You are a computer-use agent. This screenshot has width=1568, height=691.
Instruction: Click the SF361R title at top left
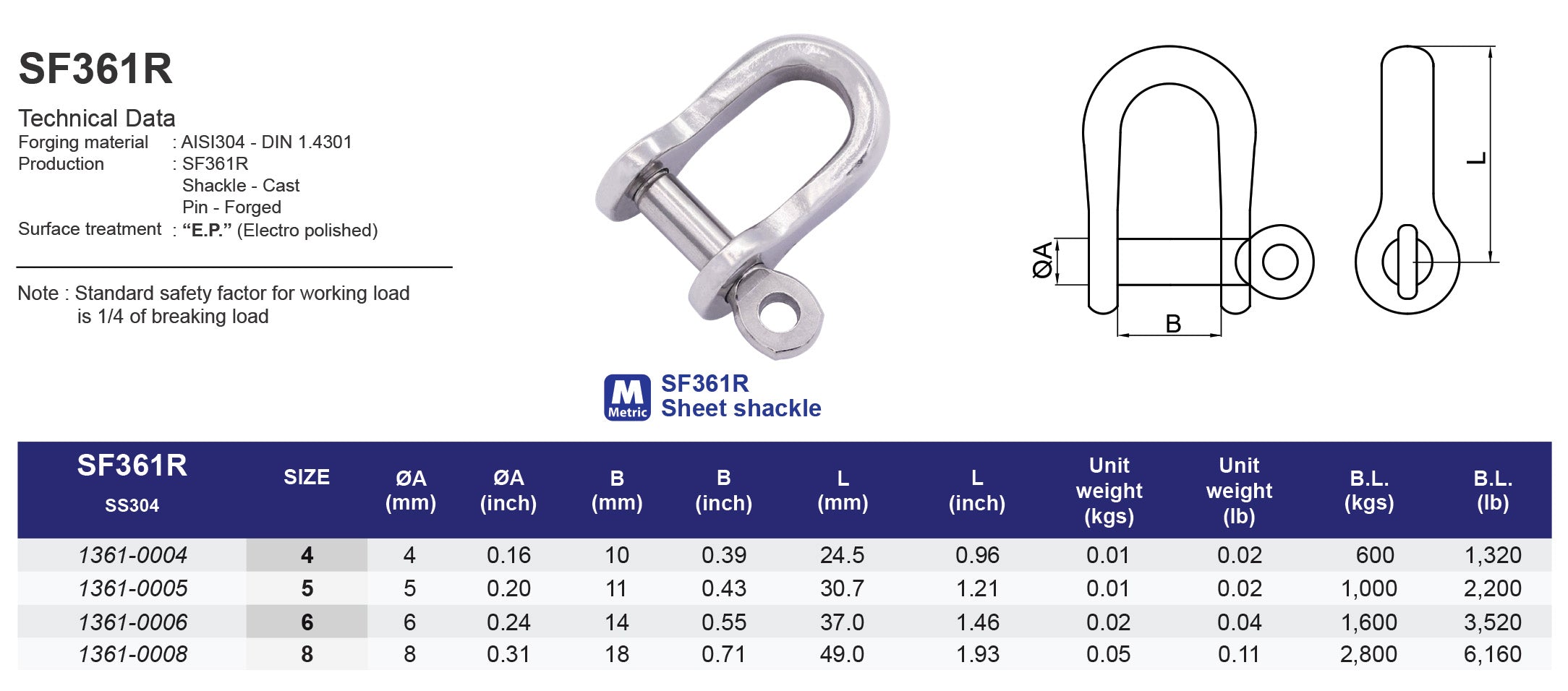[95, 69]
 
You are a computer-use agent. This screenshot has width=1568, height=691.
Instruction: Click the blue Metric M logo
[627, 398]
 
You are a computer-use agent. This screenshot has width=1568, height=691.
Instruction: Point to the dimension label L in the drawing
[1476, 158]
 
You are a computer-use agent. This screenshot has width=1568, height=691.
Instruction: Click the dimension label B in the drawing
[1173, 324]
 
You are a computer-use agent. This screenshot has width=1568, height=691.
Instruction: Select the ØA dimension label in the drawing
[1042, 261]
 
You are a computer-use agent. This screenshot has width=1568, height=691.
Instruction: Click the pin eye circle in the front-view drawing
[1279, 262]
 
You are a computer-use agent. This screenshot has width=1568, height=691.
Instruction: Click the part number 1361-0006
[132, 622]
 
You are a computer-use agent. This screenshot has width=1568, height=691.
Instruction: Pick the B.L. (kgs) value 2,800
[1368, 654]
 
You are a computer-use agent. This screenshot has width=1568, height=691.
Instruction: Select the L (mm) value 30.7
[842, 588]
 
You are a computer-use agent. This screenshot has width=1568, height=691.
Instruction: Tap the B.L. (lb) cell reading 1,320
[1492, 555]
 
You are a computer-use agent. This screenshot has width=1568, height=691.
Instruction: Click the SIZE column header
[307, 477]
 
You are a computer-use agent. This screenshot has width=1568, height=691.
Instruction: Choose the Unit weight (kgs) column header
[1109, 490]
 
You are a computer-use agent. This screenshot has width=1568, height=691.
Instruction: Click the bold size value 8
[307, 654]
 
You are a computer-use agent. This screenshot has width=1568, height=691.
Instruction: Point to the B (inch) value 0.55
[723, 622]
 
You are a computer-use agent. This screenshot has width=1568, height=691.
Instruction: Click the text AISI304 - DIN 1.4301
[266, 142]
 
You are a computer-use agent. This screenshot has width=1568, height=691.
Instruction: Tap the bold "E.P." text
[207, 231]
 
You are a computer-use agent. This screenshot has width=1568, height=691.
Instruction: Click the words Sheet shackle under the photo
[741, 408]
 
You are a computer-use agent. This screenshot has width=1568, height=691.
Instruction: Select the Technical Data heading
[97, 118]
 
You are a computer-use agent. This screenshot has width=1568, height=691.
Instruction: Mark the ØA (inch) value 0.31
[508, 654]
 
